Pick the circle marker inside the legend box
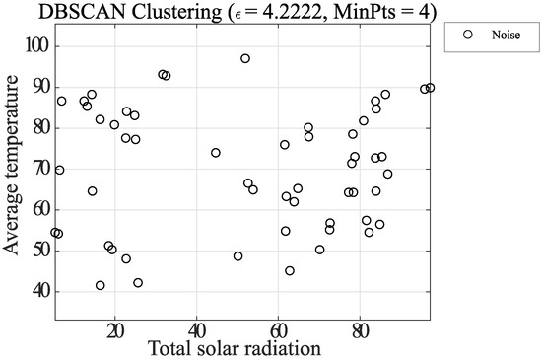click(x=468, y=34)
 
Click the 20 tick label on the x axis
click(x=115, y=329)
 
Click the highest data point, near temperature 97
click(x=245, y=58)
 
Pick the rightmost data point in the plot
click(x=430, y=88)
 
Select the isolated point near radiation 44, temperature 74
click(x=216, y=153)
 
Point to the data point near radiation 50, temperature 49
click(x=237, y=255)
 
